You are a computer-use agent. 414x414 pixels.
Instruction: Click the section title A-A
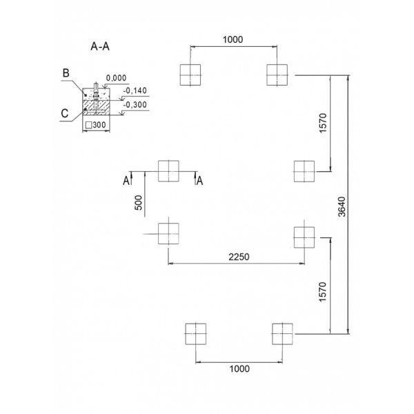tap(100, 46)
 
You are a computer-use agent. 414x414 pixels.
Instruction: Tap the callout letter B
tap(66, 73)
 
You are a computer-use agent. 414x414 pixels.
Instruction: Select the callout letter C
tap(65, 113)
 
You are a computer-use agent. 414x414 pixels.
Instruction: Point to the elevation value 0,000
tap(116, 78)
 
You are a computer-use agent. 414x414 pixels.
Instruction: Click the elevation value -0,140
tap(135, 90)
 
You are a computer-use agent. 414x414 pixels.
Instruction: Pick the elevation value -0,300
tap(135, 105)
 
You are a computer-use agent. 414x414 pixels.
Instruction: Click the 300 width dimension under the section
tap(99, 125)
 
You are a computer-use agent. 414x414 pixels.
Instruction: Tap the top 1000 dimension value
tap(233, 39)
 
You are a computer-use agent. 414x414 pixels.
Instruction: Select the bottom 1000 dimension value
tap(239, 368)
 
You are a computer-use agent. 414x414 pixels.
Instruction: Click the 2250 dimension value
tap(239, 257)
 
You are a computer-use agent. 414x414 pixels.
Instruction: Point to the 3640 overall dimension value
tap(342, 206)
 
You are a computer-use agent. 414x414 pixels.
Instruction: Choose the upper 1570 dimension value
tap(323, 123)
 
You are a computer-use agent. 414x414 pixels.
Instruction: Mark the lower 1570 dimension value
tap(323, 292)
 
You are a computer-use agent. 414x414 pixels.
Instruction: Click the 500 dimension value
tap(139, 203)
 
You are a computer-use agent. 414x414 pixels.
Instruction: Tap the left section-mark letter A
tap(126, 181)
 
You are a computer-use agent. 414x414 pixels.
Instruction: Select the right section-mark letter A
tap(200, 181)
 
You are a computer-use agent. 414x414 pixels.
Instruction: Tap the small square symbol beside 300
tap(89, 125)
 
